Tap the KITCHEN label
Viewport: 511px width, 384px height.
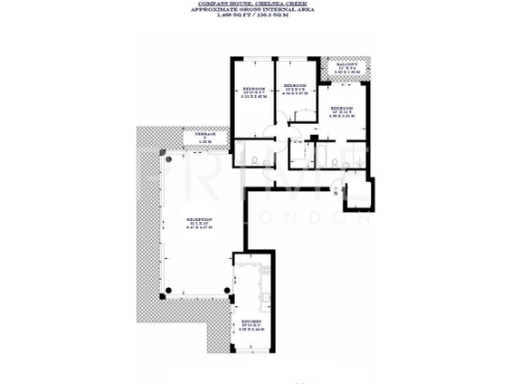tap(253, 323)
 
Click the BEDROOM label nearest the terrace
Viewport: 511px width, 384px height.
tap(253, 89)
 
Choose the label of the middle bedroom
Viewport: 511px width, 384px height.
tap(296, 86)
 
